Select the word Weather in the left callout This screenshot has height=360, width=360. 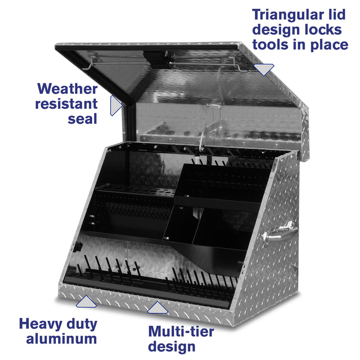coord(67,89)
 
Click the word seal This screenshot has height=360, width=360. coord(82,119)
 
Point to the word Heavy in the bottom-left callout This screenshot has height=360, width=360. coord(40,324)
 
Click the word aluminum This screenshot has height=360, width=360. coord(61,338)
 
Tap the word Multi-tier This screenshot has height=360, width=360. coord(181,332)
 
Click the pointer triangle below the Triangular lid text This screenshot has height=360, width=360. coord(264,69)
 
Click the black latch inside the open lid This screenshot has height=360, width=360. coord(157,57)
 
